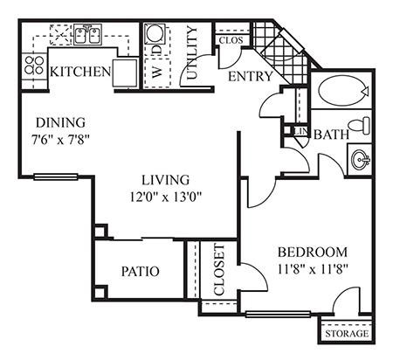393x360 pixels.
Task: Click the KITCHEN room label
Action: pos(79,72)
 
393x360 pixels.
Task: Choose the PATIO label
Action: pos(140,272)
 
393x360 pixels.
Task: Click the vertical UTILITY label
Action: pos(193,55)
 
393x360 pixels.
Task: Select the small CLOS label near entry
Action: pos(230,40)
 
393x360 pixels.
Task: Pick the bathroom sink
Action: pos(359,161)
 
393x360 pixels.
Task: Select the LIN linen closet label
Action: pos(299,132)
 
